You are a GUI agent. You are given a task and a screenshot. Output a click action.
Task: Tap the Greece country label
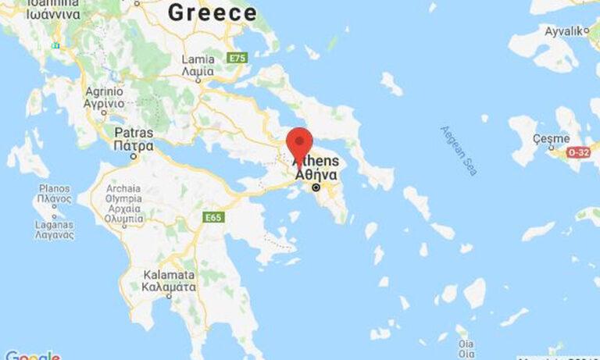[212, 12]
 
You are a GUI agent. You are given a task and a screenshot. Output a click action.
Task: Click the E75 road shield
[236, 58]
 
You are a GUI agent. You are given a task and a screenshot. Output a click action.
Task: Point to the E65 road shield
[213, 216]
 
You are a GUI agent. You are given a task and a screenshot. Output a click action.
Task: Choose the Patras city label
[133, 139]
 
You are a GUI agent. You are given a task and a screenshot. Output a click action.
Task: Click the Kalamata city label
[169, 280]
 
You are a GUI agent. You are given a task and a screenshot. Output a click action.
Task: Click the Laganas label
[53, 228]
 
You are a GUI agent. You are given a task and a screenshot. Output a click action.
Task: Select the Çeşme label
[551, 138]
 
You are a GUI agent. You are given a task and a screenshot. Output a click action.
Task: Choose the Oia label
[466, 348]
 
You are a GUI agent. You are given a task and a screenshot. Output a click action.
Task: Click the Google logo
[31, 355]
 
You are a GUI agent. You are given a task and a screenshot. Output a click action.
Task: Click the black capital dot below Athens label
[316, 188]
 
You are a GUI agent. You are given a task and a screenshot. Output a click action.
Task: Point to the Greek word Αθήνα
[316, 175]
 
